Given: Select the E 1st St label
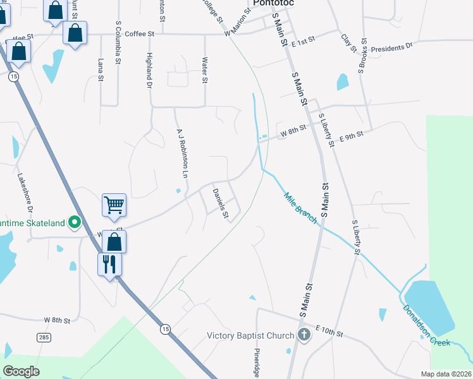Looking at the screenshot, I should [x=303, y=39].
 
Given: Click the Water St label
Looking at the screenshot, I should [x=204, y=70].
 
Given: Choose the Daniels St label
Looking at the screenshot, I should [x=220, y=203].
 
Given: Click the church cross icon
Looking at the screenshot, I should [x=304, y=335].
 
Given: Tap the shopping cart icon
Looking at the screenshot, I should [x=114, y=203].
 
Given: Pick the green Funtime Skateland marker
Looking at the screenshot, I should [x=75, y=222].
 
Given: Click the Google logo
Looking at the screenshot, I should [x=21, y=371].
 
